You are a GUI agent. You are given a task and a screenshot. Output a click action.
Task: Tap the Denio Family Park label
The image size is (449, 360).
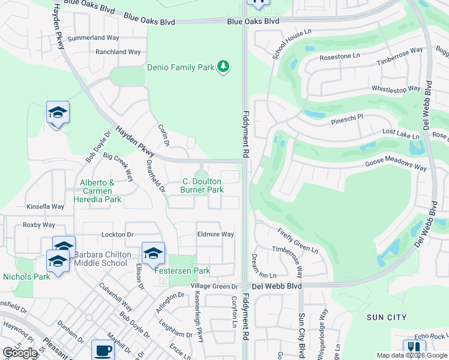click(x=181, y=67)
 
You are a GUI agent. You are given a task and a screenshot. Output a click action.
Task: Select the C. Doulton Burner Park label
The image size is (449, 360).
click(x=202, y=185)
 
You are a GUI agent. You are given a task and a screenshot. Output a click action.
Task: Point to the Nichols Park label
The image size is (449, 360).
click(x=26, y=277)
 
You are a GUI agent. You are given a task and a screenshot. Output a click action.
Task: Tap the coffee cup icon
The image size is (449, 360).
click(x=102, y=350)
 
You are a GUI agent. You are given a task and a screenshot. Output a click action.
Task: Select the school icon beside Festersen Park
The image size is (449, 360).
click(x=153, y=253)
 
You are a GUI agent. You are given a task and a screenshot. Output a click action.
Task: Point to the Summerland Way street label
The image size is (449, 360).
click(x=93, y=37)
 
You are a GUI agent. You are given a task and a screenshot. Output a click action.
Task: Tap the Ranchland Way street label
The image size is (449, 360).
click(x=118, y=52)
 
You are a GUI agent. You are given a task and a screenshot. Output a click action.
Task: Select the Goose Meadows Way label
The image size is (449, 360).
click(x=396, y=165)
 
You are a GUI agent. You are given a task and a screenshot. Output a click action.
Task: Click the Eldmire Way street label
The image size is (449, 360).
click(x=215, y=235)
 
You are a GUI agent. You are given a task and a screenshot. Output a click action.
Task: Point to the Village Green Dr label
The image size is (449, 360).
click(x=215, y=286)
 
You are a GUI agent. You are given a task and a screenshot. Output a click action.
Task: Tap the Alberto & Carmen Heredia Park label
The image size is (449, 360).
click(x=97, y=191)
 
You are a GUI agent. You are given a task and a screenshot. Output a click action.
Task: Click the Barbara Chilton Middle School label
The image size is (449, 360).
click(x=101, y=259)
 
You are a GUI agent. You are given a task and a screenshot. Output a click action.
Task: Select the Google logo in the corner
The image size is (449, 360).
click(x=20, y=353)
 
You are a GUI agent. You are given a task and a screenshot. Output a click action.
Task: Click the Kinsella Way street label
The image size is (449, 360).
click(x=45, y=206)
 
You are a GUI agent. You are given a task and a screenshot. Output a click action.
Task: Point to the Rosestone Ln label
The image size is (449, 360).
click(x=339, y=55)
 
